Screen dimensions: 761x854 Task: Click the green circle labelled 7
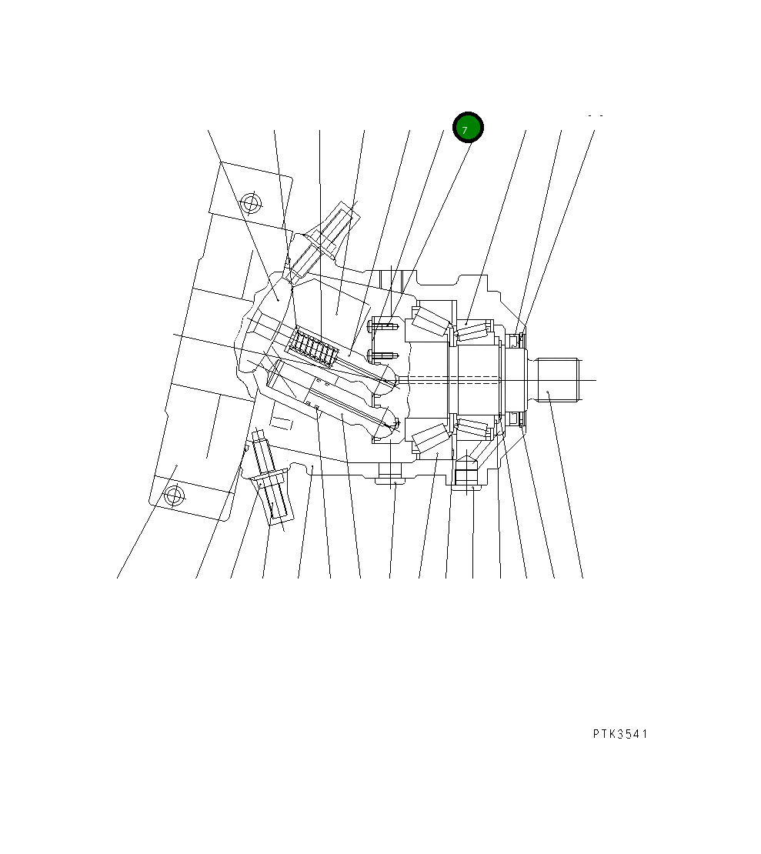tap(468, 128)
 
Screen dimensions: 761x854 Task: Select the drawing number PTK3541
tap(620, 734)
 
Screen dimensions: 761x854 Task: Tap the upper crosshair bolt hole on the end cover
tap(250, 204)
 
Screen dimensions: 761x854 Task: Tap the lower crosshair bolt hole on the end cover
tap(173, 496)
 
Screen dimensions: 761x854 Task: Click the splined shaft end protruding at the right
tap(557, 380)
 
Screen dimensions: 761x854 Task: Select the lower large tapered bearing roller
tap(431, 437)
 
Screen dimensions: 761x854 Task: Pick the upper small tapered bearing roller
tap(473, 331)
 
